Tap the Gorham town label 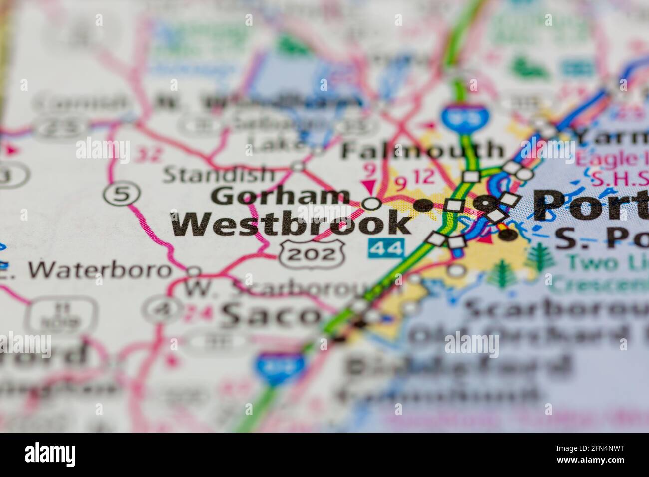pos(280,196)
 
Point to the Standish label pos(219,175)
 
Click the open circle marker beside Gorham pos(371,203)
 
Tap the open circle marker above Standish pos(298,166)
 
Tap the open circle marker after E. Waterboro pos(194,272)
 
